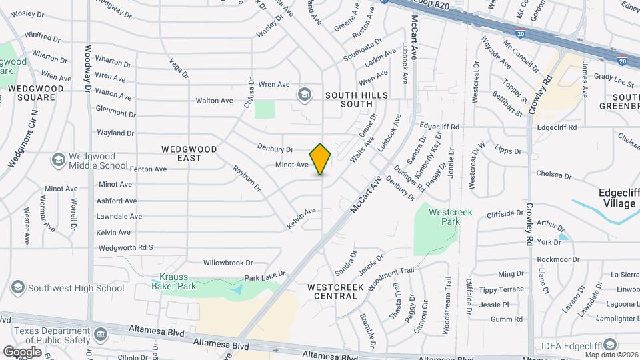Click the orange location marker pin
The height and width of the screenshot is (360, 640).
(321, 159)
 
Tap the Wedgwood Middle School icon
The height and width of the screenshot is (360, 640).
(58, 159)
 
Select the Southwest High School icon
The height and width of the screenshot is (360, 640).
(18, 287)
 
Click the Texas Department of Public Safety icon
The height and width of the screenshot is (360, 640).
(100, 333)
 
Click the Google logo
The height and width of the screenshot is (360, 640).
(22, 351)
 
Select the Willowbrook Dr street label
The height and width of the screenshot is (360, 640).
(228, 263)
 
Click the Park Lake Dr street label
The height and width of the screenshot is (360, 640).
(265, 275)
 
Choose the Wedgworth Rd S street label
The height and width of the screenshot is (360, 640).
(126, 247)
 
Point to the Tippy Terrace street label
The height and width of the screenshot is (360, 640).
(501, 289)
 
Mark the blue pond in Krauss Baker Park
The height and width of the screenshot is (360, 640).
(236, 289)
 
